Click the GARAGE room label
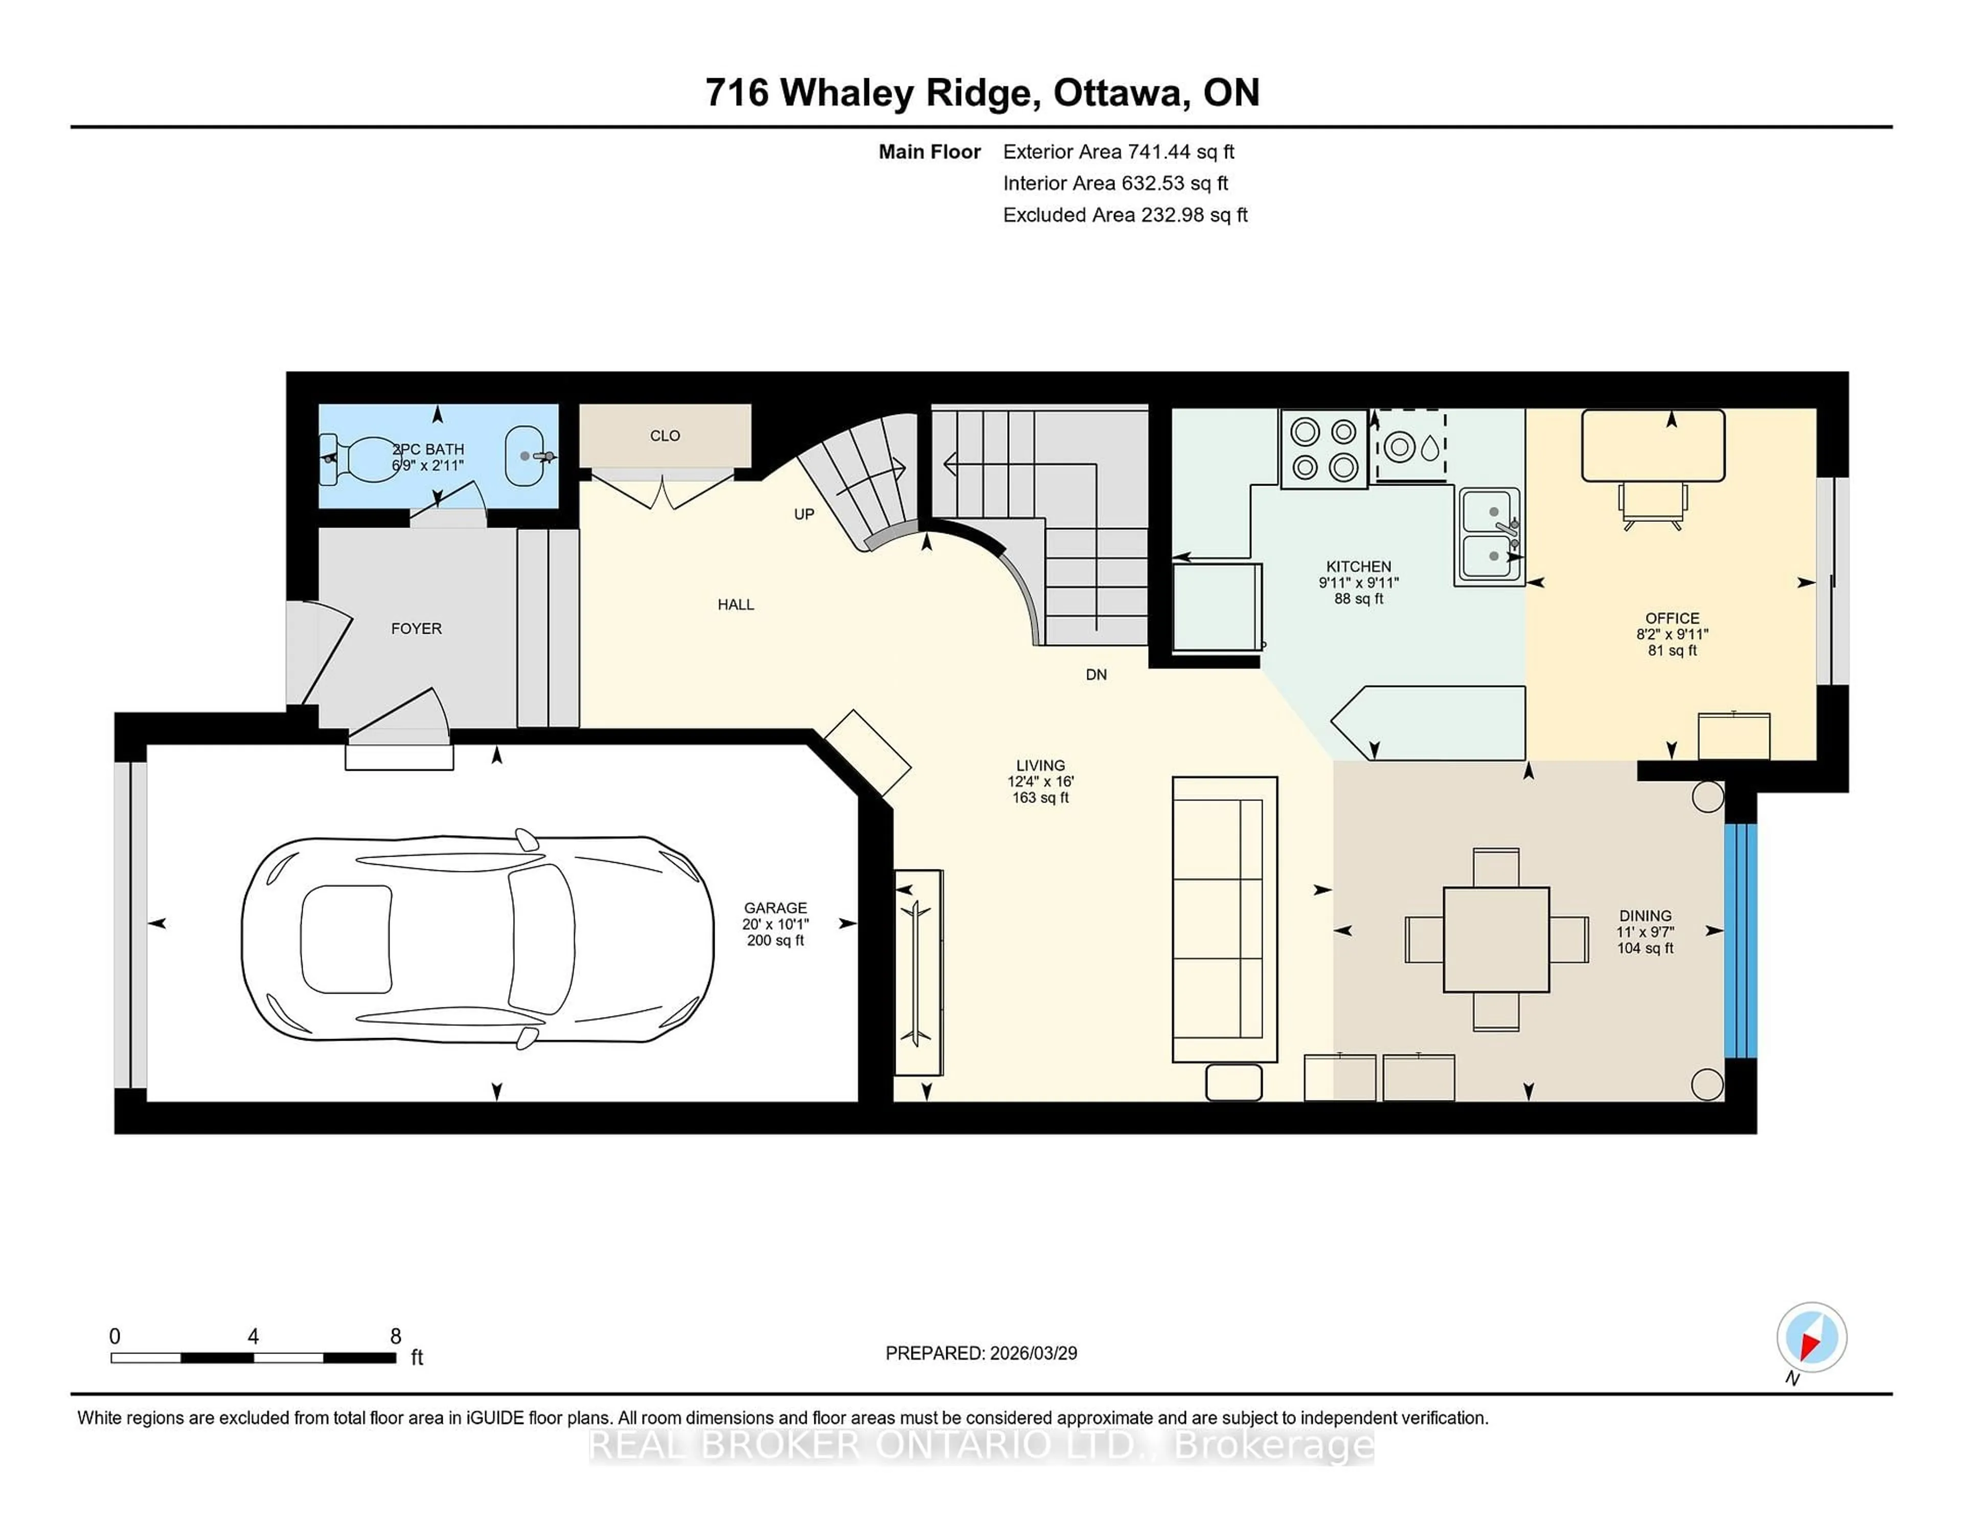pyautogui.click(x=775, y=908)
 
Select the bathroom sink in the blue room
pyautogui.click(x=526, y=455)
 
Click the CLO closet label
pyautogui.click(x=665, y=436)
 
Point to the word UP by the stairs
pyautogui.click(x=804, y=514)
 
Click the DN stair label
pyautogui.click(x=1095, y=675)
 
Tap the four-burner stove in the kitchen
pyautogui.click(x=1324, y=449)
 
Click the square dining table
pyautogui.click(x=1496, y=939)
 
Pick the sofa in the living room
pyautogui.click(x=1224, y=918)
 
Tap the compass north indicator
pyautogui.click(x=1811, y=1337)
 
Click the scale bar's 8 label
pyautogui.click(x=396, y=1337)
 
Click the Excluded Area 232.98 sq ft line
pyautogui.click(x=1125, y=215)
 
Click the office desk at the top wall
pyautogui.click(x=1652, y=446)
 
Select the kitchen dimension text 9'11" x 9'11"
pyautogui.click(x=1358, y=582)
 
